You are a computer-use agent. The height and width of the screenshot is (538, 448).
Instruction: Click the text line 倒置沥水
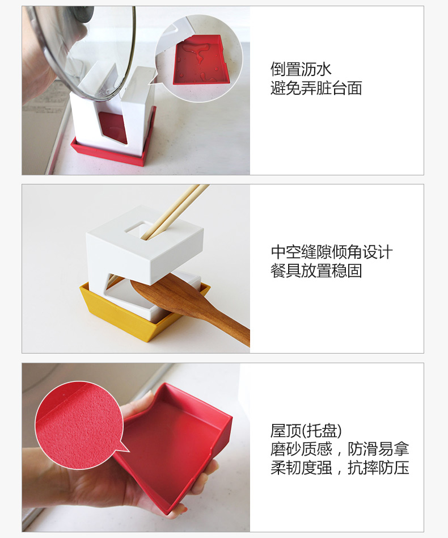point(301,69)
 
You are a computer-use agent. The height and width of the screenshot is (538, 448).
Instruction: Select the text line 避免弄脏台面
point(316,88)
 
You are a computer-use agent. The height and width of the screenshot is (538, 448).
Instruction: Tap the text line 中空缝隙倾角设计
point(331,252)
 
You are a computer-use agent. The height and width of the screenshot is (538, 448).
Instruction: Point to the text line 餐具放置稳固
point(316,271)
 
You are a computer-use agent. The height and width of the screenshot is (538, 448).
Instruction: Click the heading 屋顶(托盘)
point(306,431)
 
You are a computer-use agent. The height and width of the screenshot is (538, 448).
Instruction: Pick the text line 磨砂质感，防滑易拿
point(340,449)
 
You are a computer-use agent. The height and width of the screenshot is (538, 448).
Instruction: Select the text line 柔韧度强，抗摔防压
point(340,468)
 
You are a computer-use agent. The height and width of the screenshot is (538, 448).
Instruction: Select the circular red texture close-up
point(79,425)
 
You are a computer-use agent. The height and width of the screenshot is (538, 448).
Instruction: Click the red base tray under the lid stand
point(113,151)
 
